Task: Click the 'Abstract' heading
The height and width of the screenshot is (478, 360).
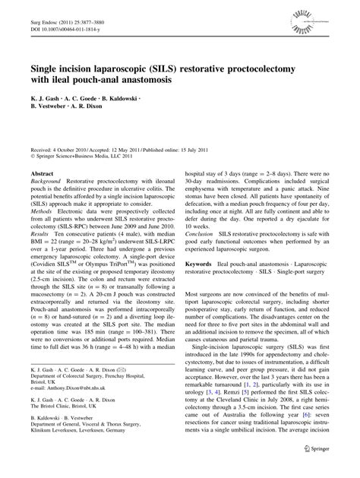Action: (x=41, y=174)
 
